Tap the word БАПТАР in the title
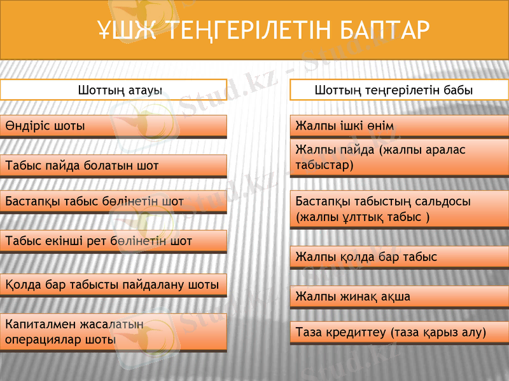[381, 29]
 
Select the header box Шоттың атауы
[113, 90]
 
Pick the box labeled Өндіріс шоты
[113, 126]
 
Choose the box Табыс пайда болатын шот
[113, 166]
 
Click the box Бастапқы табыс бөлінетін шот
[113, 201]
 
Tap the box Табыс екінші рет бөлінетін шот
[113, 241]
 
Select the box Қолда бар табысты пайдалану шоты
[113, 284]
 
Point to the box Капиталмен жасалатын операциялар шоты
[113, 331]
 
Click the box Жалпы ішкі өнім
[399, 126]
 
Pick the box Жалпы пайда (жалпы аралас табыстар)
[399, 157]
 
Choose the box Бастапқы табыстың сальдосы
[399, 209]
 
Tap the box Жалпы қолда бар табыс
[399, 257]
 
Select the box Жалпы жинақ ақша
[399, 297]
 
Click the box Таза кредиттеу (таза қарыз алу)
[399, 332]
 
